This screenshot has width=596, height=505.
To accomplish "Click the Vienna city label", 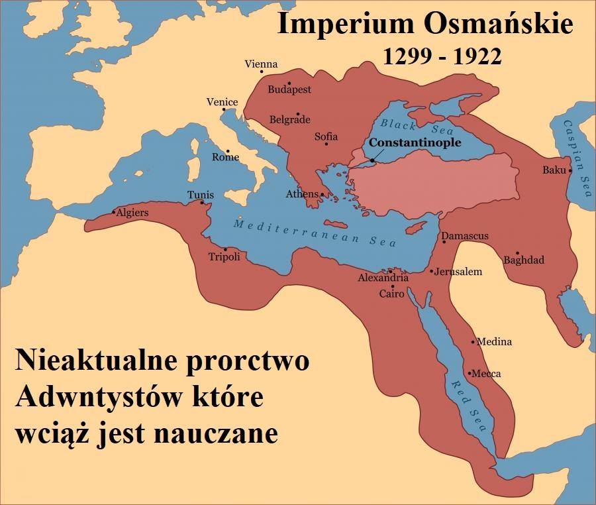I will coord(261,64).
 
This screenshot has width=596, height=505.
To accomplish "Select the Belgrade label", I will coord(290,120).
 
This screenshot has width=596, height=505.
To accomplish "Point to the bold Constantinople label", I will coord(415,142).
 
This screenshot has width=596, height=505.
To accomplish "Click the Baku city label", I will coord(554,170).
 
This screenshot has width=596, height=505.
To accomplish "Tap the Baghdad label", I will coord(523,260).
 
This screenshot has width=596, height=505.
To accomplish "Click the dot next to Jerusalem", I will coord(431,271).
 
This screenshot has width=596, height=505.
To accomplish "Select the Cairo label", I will coord(391,294).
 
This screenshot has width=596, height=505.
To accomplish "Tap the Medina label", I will coord(494,342).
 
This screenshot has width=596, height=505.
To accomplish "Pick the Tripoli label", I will coord(224,257).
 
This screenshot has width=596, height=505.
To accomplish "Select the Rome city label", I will coord(225,158).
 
